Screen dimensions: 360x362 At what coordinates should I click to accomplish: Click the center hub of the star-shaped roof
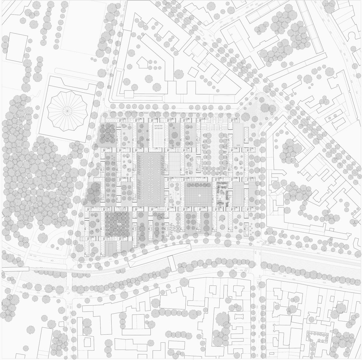[x=66, y=110]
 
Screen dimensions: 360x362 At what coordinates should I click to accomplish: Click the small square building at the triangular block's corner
[x=128, y=93]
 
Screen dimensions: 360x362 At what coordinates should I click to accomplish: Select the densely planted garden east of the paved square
[x=222, y=194]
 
